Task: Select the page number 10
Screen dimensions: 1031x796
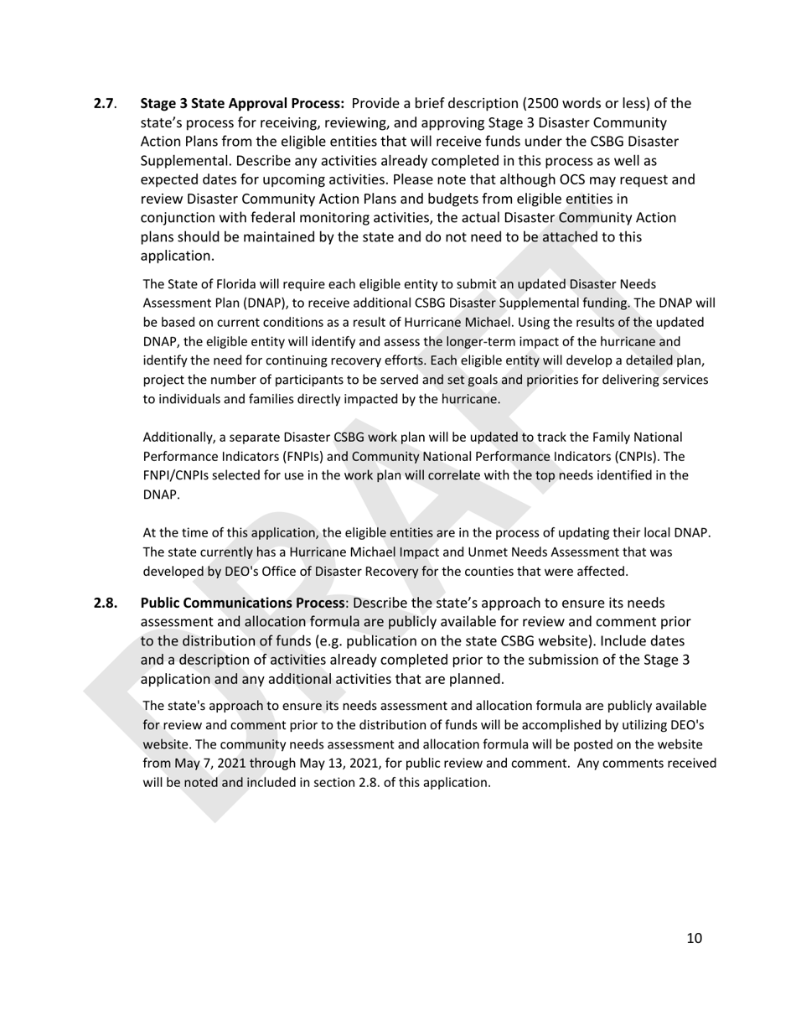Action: (x=694, y=938)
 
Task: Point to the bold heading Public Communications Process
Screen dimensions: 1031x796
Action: (x=242, y=603)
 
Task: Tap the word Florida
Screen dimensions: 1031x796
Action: (x=222, y=283)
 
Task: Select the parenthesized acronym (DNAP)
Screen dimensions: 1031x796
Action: (x=243, y=303)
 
